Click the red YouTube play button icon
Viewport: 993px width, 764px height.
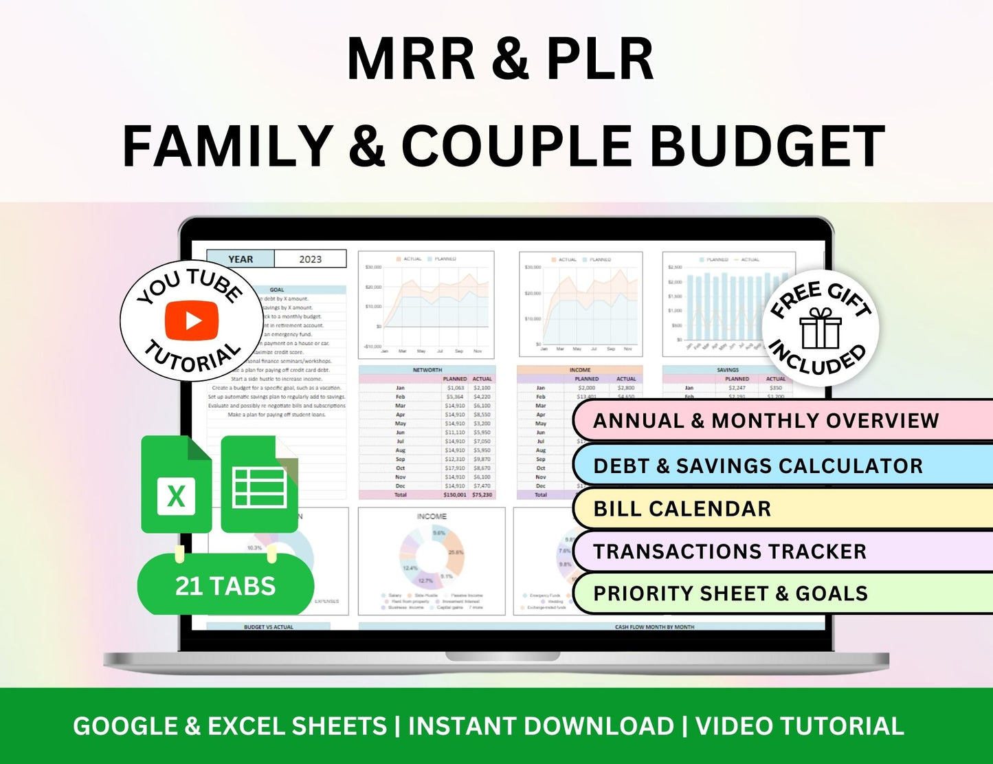(192, 320)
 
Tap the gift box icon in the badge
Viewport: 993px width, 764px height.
(821, 329)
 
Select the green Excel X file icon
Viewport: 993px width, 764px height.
(177, 485)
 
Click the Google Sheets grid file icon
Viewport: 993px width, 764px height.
(260, 485)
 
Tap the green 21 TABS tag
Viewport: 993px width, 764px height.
(225, 586)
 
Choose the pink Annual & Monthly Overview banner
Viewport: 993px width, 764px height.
(782, 420)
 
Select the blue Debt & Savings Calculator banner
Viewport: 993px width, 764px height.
(782, 466)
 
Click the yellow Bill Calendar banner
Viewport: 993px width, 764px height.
(782, 509)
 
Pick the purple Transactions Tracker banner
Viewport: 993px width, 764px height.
(782, 552)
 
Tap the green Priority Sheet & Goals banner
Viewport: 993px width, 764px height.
(782, 593)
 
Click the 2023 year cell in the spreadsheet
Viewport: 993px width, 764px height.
(310, 259)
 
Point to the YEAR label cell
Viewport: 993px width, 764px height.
(241, 259)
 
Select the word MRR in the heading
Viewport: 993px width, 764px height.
(411, 60)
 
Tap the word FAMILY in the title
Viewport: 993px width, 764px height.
(227, 146)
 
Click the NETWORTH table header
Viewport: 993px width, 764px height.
(427, 370)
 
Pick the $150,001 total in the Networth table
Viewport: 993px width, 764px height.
(454, 495)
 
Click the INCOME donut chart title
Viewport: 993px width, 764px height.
(432, 516)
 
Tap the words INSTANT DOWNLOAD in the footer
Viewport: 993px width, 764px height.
(542, 726)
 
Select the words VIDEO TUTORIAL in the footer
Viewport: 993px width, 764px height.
(799, 726)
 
